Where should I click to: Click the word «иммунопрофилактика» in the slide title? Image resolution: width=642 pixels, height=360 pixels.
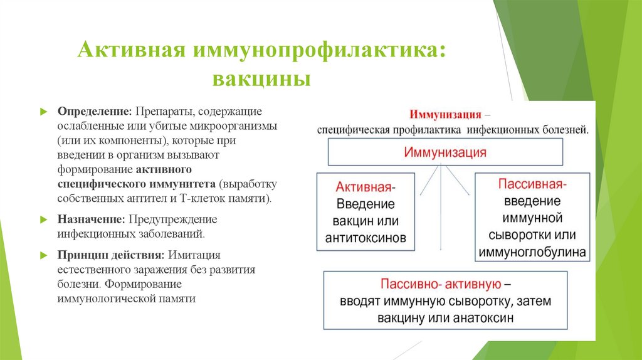click(319, 51)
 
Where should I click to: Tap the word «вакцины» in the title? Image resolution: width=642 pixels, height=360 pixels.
click(263, 80)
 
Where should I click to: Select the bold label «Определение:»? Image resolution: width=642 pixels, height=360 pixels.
click(95, 111)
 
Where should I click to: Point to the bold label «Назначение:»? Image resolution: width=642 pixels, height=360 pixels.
click(92, 220)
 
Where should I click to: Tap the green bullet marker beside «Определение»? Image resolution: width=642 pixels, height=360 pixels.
click(45, 112)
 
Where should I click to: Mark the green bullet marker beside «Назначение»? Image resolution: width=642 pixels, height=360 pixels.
click(45, 221)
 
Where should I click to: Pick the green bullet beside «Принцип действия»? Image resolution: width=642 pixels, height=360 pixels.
click(45, 257)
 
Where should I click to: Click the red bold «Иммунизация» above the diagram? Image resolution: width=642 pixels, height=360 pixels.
click(445, 115)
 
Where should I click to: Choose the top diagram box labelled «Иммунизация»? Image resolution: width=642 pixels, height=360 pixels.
click(445, 152)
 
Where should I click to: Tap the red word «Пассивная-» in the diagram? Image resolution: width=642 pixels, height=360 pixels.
click(532, 185)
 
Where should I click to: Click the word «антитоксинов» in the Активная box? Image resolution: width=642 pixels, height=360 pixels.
click(366, 238)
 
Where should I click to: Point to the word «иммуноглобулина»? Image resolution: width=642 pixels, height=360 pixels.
click(532, 253)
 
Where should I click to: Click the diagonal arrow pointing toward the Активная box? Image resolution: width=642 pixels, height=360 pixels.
click(427, 184)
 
